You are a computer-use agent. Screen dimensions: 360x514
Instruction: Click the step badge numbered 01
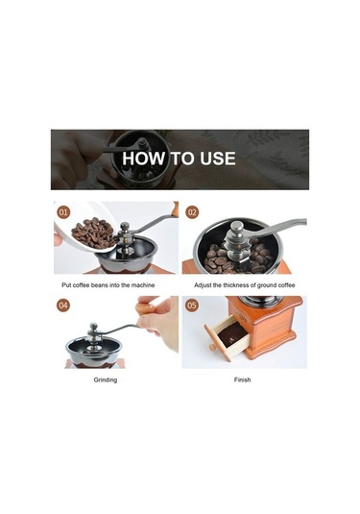pos(63,212)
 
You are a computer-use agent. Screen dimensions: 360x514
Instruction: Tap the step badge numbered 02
pos(192,212)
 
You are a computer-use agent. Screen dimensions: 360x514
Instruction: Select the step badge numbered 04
pos(63,306)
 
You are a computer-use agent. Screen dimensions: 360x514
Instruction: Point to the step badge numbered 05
pos(192,306)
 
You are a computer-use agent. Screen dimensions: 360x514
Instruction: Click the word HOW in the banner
pos(144,159)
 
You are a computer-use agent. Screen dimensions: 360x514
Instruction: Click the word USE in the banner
pos(218,159)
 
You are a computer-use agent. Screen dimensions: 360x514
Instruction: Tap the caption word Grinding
pos(106,379)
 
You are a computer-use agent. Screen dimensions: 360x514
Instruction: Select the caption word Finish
pos(243,379)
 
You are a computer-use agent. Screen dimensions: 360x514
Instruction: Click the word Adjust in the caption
pos(203,285)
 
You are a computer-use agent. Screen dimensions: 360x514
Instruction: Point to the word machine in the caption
pos(143,285)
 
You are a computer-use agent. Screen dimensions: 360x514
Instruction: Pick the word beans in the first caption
pos(100,285)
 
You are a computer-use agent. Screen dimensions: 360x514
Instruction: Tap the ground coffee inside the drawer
pos(232,335)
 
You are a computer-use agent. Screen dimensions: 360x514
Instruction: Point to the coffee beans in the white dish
pos(93,233)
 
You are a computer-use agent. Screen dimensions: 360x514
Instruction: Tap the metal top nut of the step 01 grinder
pos(125,226)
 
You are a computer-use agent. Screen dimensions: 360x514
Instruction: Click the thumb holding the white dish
pos(58,239)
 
